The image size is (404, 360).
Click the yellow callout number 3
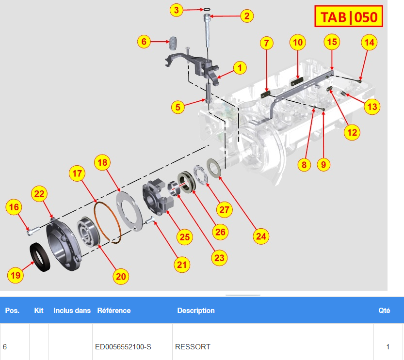coord(176,10)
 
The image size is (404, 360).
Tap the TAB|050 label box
coord(349,16)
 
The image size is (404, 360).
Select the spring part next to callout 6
coord(173,43)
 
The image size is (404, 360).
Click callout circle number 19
coord(16,275)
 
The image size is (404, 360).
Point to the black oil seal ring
coord(40,257)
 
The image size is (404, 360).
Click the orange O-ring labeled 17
coord(108,222)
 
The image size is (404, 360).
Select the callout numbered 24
coord(261,236)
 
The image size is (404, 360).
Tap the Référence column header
coord(114,311)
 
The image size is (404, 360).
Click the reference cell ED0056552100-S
coord(123,347)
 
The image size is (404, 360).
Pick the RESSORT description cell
coord(193,347)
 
